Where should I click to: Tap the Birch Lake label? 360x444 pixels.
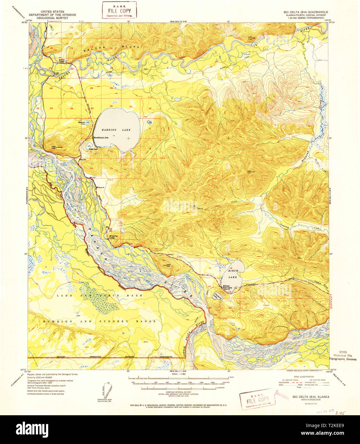click(233, 274)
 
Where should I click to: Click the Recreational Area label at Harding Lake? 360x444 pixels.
click(101, 137)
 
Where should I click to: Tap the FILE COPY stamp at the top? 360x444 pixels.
click(119, 10)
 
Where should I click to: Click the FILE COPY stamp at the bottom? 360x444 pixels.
click(257, 399)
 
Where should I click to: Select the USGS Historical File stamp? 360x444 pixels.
click(343, 355)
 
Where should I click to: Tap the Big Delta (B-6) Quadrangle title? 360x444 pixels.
click(306, 11)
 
